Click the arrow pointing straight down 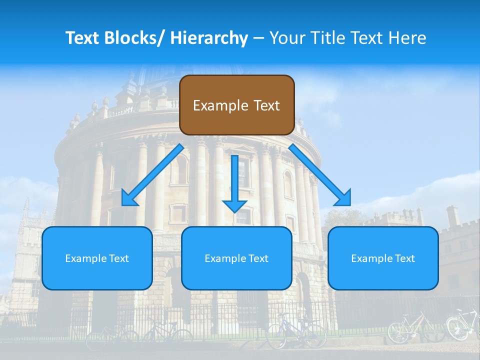234,180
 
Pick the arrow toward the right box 320,175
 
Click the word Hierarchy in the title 209,38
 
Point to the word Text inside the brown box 265,105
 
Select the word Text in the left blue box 118,258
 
